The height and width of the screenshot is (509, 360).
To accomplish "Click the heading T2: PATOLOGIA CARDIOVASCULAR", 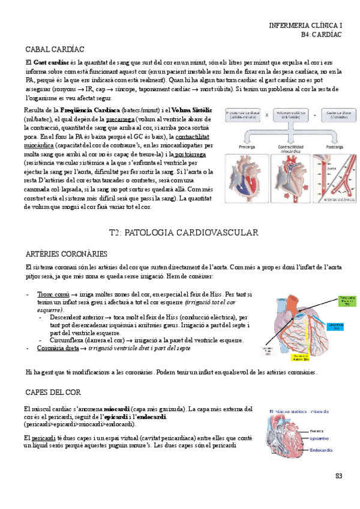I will (180, 232).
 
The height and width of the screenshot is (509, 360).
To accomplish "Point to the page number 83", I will (338, 476).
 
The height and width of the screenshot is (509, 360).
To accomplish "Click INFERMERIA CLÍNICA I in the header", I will (305, 26).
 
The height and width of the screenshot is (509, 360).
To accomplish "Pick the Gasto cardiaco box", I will (336, 114).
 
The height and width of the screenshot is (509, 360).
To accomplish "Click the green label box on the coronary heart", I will (346, 300).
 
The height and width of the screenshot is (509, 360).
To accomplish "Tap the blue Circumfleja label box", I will (338, 325).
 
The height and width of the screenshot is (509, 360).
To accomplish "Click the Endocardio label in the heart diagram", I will (323, 448).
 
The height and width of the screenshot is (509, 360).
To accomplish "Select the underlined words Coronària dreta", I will (56, 348).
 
